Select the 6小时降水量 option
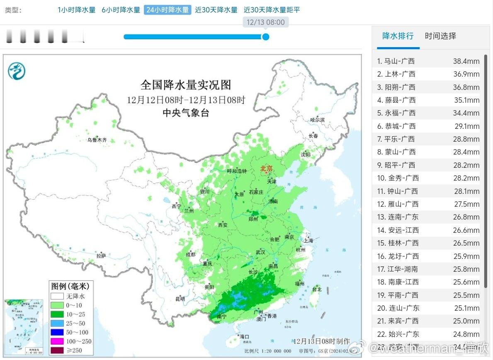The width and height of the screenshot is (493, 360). coord(121,10)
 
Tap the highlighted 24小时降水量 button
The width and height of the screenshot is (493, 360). coord(168,10)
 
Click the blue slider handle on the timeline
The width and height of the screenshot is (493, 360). coord(265,37)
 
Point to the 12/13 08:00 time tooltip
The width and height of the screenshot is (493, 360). coord(265,22)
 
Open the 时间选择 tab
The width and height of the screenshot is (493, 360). coord(440,36)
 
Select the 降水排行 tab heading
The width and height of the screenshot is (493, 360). coord(398,36)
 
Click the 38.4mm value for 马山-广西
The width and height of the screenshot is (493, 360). coord(466,61)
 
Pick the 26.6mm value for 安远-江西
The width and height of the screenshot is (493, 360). coord(466,230)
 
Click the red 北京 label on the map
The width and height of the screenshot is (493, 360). coord(266,169)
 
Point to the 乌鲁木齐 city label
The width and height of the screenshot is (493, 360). coord(97,140)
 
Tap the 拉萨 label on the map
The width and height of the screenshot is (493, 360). coord(101,256)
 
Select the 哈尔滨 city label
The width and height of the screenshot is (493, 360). coord(318,120)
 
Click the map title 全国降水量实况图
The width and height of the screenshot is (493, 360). coord(186,85)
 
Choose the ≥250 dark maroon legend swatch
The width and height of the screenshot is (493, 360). coord(57,350)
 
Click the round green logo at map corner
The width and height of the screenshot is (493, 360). coord(17,71)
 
